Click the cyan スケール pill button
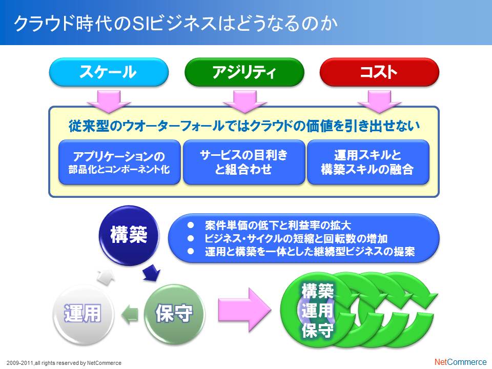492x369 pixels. coord(109,72)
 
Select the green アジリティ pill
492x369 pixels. coord(244,72)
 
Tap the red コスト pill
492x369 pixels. coord(379,72)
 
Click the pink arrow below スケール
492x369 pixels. coord(109,101)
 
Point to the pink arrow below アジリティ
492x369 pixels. coord(245,101)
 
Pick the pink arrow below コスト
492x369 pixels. coord(379,101)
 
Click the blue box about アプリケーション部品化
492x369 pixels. coord(119,162)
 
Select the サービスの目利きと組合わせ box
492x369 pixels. coord(244,162)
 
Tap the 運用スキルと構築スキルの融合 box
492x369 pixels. coord(368,162)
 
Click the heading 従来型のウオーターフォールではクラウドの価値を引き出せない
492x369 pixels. coord(244,126)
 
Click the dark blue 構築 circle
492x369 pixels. coord(129,235)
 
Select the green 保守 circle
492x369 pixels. coord(174,313)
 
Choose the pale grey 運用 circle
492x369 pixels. coord(83,313)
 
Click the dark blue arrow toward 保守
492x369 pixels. coord(152,272)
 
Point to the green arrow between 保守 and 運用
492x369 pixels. coord(130,314)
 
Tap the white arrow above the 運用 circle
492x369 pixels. coord(106,277)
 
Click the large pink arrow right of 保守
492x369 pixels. coord(244,310)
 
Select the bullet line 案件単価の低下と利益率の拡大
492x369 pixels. coord(278,225)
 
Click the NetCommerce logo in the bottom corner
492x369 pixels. coord(460,362)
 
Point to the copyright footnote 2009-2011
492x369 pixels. coord(64,363)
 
